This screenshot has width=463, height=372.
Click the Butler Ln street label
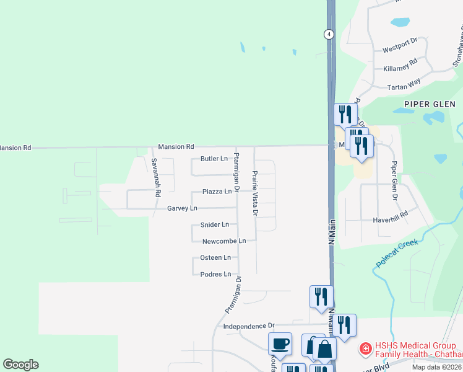[214, 159]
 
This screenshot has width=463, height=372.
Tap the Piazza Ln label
[217, 192]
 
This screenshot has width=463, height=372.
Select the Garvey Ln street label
[182, 209]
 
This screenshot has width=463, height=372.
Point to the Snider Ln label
[215, 225]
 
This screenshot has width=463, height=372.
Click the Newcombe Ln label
[224, 241]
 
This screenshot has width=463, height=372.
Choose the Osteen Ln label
[215, 258]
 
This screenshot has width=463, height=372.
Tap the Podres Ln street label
[215, 274]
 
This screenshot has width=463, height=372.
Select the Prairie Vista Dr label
[254, 193]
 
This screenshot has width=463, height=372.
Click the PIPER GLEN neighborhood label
[430, 104]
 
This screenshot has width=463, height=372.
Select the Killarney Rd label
[400, 64]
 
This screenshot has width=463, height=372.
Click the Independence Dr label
[248, 326]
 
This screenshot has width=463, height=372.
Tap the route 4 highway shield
[329, 35]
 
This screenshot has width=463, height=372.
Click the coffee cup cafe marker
[280, 343]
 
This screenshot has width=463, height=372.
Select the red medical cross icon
[365, 350]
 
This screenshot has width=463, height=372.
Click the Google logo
[20, 365]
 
